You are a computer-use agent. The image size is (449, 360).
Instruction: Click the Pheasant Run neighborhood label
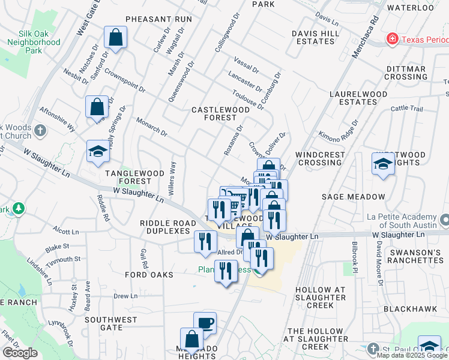click(x=158, y=19)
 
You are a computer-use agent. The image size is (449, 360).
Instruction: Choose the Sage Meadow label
click(x=353, y=197)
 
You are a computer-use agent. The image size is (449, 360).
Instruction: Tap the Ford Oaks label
click(x=149, y=275)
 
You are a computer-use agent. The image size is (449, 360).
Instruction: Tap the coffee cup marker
click(x=205, y=323)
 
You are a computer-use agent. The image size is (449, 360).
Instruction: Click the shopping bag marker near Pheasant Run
click(x=115, y=37)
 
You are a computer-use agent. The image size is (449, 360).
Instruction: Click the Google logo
click(x=20, y=353)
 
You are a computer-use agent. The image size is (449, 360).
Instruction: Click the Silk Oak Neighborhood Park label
click(x=34, y=43)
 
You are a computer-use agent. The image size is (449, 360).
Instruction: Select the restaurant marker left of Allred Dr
click(x=206, y=241)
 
